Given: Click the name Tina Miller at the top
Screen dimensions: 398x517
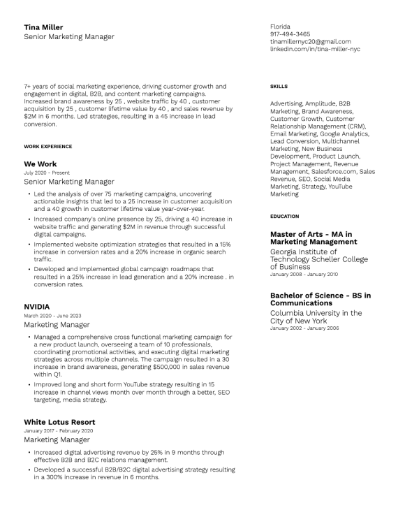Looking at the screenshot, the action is [x=43, y=27].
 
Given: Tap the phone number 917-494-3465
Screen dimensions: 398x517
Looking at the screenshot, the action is [x=290, y=34].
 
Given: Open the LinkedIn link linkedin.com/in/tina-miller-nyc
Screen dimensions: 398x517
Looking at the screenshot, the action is [x=315, y=50].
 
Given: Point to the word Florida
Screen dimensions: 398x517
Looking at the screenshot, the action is [x=279, y=27].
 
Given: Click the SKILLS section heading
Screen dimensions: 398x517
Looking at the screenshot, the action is [x=279, y=87].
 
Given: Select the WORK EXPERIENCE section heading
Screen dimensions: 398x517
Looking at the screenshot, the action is [x=47, y=147].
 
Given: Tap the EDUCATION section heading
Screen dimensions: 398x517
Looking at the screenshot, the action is [x=284, y=217].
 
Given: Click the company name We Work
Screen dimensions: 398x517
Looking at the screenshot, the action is [x=40, y=164].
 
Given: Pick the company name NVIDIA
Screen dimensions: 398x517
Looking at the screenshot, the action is [x=36, y=307].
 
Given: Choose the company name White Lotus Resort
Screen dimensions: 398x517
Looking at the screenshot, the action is [x=59, y=423].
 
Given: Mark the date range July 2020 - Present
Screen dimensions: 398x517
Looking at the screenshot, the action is [x=47, y=173].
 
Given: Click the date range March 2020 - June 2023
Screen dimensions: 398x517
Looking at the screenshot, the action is [x=52, y=316].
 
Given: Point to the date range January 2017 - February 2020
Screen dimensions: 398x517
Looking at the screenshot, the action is [x=58, y=431].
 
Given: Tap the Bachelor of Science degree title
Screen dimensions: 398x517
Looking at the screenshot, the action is [x=320, y=299].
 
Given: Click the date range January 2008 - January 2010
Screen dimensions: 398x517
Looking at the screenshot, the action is [x=304, y=275].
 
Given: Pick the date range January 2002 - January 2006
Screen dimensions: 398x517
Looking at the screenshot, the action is [x=304, y=328].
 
